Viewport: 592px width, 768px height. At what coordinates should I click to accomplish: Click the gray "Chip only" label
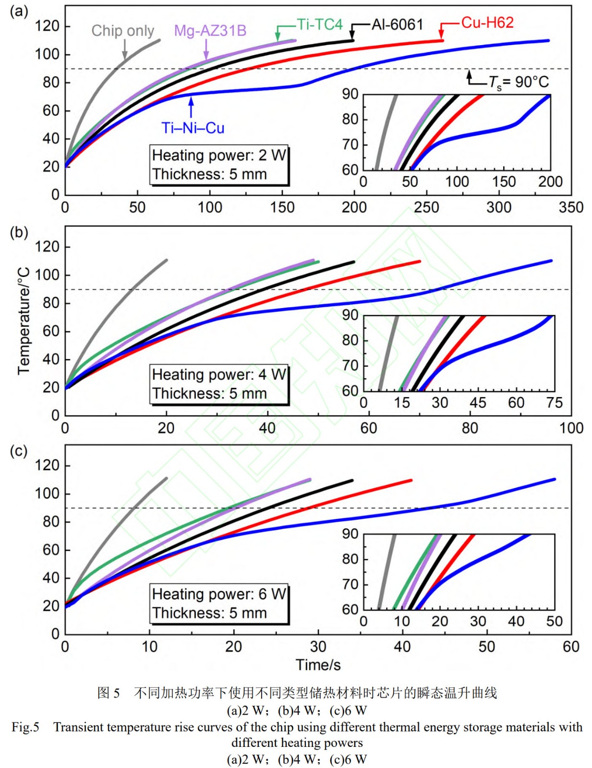coord(122,31)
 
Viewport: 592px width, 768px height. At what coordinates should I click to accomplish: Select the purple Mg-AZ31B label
coord(210,31)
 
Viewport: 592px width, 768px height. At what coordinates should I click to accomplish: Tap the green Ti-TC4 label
coord(319,24)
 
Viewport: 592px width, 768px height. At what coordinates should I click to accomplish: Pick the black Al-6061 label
coord(397,24)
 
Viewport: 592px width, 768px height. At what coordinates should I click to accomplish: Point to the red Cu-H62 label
coord(487,23)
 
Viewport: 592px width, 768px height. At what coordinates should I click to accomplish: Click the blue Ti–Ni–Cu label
coord(193,128)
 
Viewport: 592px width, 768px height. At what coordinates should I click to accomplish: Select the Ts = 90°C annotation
coord(519,83)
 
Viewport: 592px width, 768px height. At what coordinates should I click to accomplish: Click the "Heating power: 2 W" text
coord(219,156)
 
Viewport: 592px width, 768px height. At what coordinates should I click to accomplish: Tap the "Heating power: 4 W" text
coord(219,375)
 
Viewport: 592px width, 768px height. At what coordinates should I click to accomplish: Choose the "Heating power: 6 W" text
coord(219,594)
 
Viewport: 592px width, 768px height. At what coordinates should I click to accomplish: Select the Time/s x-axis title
coord(318,665)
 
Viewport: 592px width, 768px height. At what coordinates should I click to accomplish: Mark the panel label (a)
coord(19,11)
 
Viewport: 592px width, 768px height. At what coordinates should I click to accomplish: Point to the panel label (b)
coord(19,232)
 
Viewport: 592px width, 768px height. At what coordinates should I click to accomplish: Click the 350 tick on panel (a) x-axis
coord(571,207)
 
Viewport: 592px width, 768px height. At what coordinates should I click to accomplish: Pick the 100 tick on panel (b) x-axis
coord(571,428)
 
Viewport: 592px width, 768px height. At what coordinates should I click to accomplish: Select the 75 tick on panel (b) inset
coord(554,403)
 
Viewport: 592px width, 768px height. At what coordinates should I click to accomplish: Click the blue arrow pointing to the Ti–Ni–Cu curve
coord(191,107)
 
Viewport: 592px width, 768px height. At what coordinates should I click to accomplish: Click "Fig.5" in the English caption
coord(25,727)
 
